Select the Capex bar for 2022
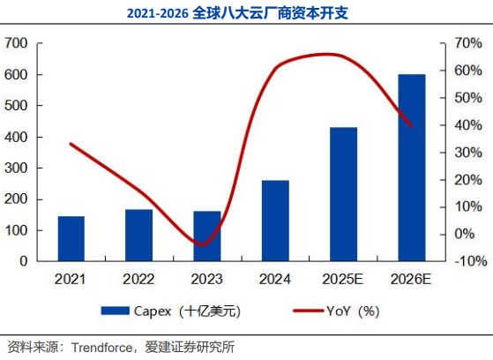[138, 236]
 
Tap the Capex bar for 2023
[206, 236]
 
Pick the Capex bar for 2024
[275, 221]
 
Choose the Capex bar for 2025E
[343, 194]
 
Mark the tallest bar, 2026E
[411, 168]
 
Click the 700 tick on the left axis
[17, 43]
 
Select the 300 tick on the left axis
[17, 169]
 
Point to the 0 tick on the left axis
[25, 262]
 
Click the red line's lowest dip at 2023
[204, 244]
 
